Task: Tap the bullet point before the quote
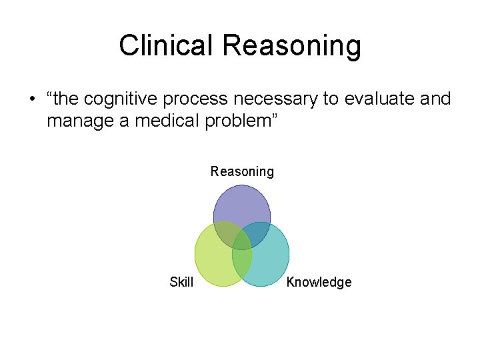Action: point(31,100)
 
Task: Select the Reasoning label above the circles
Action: point(242,172)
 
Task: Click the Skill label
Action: point(181,282)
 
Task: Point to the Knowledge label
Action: point(319,282)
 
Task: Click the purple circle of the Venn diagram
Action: point(242,203)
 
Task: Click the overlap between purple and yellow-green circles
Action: point(225,234)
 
